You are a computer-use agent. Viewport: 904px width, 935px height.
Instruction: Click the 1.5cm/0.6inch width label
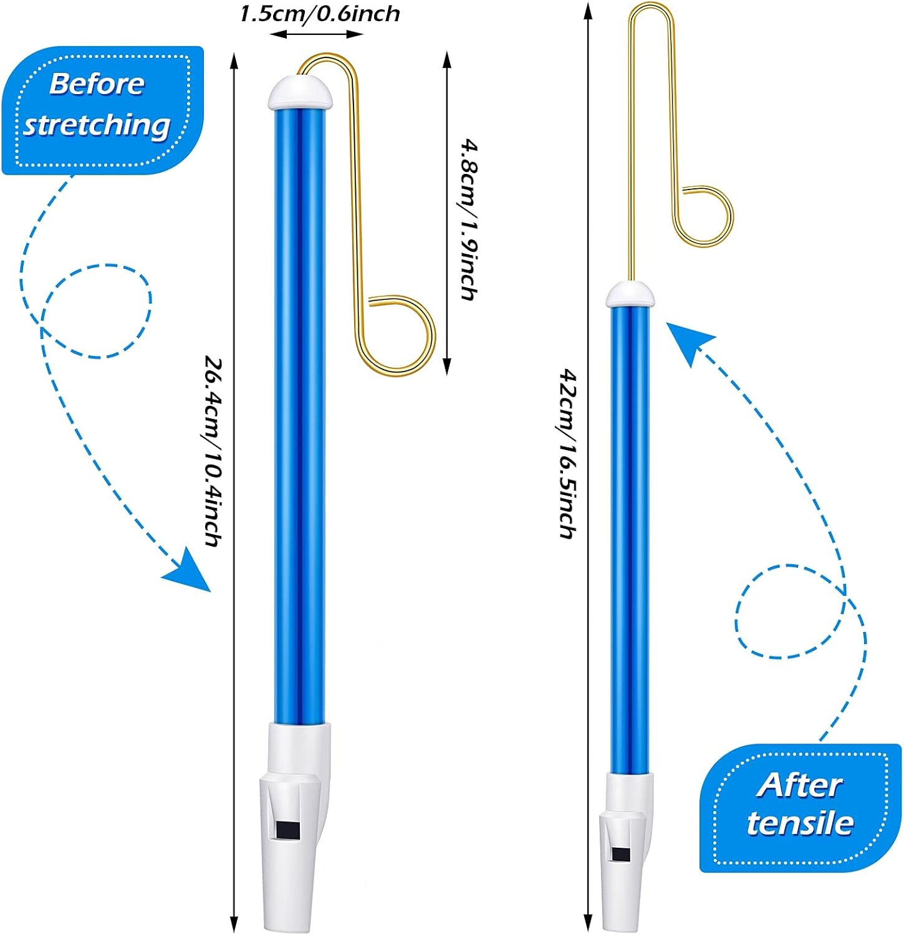coord(320,14)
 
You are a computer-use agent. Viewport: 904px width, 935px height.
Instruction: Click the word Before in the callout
coord(97,84)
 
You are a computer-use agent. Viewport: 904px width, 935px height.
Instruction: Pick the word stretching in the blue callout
coord(97,125)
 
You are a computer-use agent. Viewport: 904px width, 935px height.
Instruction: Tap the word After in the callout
coord(800,785)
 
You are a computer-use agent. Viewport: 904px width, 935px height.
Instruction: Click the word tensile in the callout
coord(800,823)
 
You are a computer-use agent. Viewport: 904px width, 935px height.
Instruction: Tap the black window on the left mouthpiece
coord(288,830)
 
